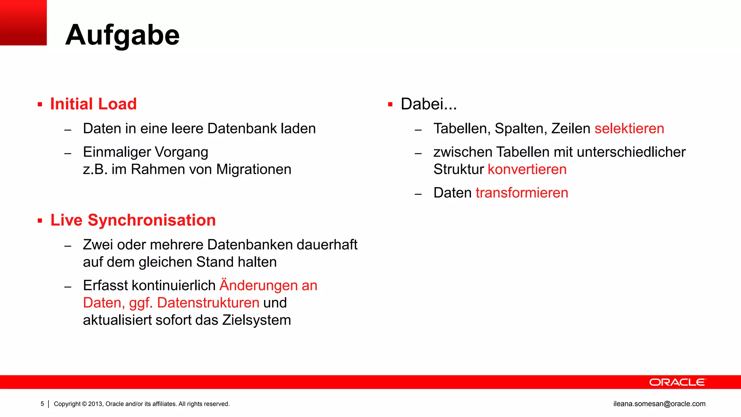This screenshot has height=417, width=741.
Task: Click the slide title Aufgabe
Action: pyautogui.click(x=122, y=35)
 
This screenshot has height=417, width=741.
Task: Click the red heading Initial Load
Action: pyautogui.click(x=93, y=104)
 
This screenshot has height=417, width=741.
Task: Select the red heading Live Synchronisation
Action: pyautogui.click(x=133, y=220)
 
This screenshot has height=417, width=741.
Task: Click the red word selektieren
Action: pyautogui.click(x=629, y=129)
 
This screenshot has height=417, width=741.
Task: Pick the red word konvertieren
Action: pyautogui.click(x=527, y=169)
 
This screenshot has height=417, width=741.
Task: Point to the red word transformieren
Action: pyautogui.click(x=522, y=193)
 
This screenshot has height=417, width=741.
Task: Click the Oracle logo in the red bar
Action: pyautogui.click(x=677, y=382)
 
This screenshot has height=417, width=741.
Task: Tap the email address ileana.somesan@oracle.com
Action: pyautogui.click(x=659, y=404)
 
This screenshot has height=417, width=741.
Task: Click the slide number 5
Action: pyautogui.click(x=42, y=404)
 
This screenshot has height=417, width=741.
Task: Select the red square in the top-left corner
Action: pyautogui.click(x=23, y=22)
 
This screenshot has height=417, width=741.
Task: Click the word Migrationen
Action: pyautogui.click(x=254, y=169)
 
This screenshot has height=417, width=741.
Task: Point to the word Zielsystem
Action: pyautogui.click(x=257, y=320)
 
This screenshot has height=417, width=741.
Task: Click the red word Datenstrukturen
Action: pyautogui.click(x=208, y=303)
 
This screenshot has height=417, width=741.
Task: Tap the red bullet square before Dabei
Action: pyautogui.click(x=390, y=105)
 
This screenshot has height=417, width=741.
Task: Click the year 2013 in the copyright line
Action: pyautogui.click(x=96, y=404)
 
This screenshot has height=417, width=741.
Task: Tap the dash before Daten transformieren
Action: pyautogui.click(x=418, y=194)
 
